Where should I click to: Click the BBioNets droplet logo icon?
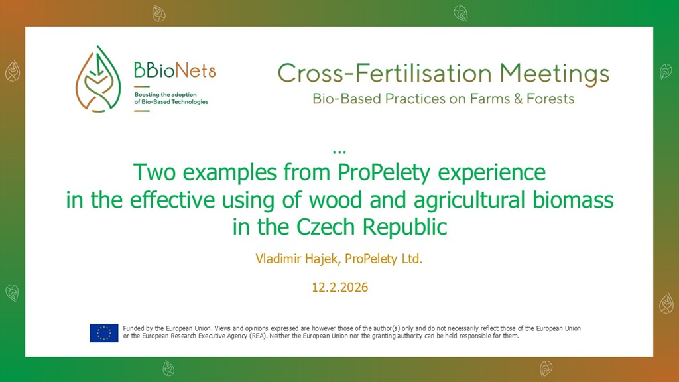(98, 80)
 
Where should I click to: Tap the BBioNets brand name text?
(174, 70)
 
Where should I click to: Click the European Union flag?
(104, 333)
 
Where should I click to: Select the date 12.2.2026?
(340, 287)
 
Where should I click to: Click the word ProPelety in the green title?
(384, 173)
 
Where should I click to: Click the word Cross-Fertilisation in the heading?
(385, 73)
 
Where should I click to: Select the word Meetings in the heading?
(554, 74)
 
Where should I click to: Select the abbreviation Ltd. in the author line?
(412, 259)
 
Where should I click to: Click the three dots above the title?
(339, 152)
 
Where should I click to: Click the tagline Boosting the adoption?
(165, 94)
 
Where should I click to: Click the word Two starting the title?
(154, 172)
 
